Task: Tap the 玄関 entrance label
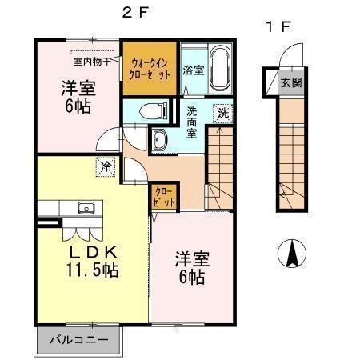(290, 82)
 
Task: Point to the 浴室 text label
(193, 70)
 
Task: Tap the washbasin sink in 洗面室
(160, 141)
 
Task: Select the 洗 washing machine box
(223, 112)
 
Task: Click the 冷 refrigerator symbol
(106, 166)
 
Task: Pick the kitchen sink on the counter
(86, 209)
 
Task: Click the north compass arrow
(294, 254)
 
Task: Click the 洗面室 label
(193, 123)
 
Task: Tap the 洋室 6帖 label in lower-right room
(192, 268)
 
